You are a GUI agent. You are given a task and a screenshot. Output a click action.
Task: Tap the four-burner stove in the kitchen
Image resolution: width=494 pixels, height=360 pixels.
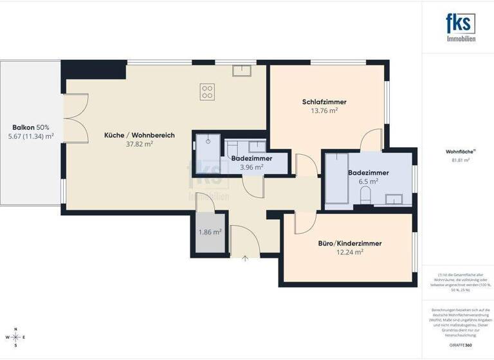(207, 92)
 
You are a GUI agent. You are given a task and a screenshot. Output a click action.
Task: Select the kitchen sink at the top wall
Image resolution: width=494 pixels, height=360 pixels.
(242, 70)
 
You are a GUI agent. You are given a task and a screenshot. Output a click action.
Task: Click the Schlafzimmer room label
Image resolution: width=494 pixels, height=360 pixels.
(324, 102)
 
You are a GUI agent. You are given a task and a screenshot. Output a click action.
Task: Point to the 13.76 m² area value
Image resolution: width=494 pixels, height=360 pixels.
(324, 111)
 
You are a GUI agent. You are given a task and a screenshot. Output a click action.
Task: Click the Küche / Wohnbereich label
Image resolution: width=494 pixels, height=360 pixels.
(131, 135)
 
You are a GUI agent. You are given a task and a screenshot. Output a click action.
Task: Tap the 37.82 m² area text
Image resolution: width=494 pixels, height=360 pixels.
(131, 145)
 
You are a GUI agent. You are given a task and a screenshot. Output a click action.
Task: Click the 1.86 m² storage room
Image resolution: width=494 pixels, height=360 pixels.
(210, 232)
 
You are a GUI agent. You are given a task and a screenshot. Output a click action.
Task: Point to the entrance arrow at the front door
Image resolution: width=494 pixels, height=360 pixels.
(245, 258)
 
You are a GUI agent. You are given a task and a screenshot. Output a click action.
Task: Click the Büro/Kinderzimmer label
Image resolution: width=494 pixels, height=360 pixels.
(350, 244)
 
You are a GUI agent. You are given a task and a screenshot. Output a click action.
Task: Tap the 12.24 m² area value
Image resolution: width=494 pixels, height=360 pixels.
(350, 253)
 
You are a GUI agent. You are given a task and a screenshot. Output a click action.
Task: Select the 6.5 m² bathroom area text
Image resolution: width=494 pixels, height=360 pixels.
(368, 182)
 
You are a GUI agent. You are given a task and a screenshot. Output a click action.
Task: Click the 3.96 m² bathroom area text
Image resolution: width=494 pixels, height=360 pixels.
(251, 167)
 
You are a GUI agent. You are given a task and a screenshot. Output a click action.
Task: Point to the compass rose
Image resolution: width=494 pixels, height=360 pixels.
(16, 337)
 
